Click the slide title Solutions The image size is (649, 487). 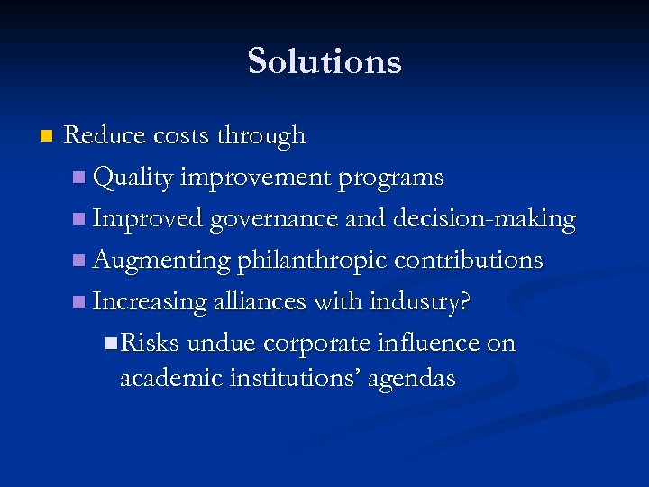(324, 61)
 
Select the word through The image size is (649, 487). (262, 136)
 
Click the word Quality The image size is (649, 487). (133, 178)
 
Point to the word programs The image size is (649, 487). (390, 178)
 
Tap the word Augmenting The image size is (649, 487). (162, 261)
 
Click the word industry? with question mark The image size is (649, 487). (419, 301)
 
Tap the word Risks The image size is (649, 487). (150, 343)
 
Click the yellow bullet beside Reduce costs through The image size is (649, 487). (47, 137)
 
